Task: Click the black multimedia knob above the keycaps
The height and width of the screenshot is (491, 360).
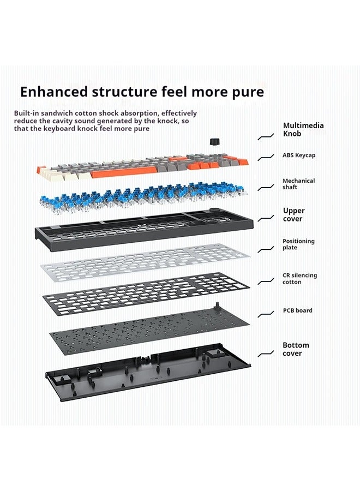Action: [x=214, y=141]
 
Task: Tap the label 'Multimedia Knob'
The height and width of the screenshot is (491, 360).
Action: [x=303, y=129]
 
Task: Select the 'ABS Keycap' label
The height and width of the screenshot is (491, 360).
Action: [x=299, y=155]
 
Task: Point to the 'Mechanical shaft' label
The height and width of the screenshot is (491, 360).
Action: [x=299, y=184]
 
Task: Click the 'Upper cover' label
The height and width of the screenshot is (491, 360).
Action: [x=293, y=214]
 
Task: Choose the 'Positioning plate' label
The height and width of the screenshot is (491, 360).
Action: [x=298, y=244]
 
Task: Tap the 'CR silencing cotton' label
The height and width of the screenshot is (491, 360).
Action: [x=299, y=278]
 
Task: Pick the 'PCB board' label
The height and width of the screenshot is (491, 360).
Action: [x=297, y=310]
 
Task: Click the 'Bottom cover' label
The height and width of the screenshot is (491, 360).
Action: [x=296, y=349]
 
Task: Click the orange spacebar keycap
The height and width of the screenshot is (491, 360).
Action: [x=124, y=172]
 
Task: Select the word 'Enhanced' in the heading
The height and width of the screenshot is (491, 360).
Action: [x=54, y=92]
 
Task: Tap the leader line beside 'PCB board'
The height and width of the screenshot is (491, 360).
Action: [x=266, y=314]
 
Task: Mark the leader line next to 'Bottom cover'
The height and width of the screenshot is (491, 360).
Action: [x=266, y=354]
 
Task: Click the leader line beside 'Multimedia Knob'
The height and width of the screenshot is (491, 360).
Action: [x=266, y=137]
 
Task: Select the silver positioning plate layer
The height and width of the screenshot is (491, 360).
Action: [x=145, y=262]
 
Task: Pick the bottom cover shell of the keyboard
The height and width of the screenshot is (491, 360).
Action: [x=148, y=372]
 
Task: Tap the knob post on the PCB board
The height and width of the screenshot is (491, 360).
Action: [x=217, y=306]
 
